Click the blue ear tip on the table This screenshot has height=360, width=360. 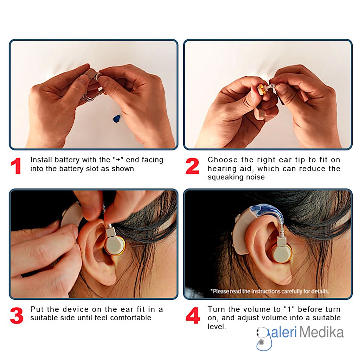pyautogui.click(x=117, y=119)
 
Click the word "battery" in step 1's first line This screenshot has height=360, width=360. pyautogui.click(x=67, y=160)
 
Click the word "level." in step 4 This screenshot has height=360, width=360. pyautogui.click(x=217, y=327)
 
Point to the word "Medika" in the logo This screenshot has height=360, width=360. pyautogui.click(x=321, y=332)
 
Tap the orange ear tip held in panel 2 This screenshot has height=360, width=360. pyautogui.click(x=262, y=89)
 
